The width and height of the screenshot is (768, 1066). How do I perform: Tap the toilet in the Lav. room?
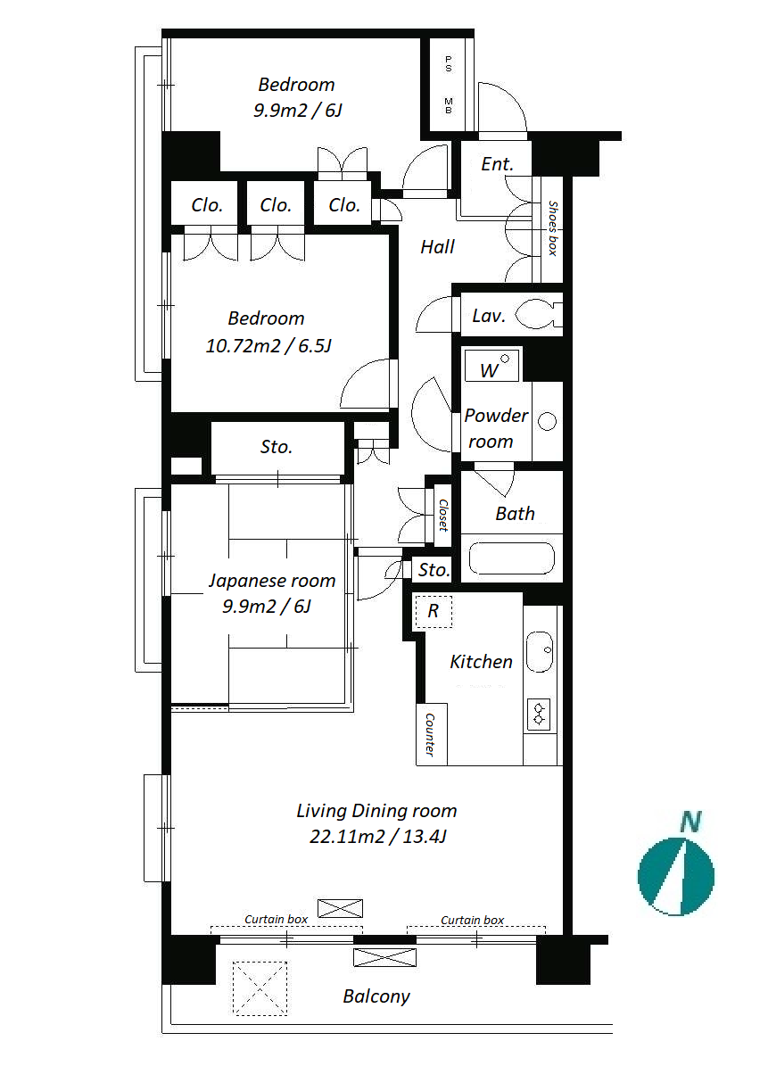pos(539,315)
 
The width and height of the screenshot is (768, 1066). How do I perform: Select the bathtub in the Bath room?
pos(512,558)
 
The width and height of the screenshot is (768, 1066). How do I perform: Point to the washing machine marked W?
pos(492,366)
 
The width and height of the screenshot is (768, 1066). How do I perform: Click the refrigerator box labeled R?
pos(433,611)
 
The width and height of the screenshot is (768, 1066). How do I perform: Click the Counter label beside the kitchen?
pos(430,734)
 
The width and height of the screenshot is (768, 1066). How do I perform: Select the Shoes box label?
pos(552,228)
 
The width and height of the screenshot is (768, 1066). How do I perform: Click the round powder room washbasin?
pos(547,422)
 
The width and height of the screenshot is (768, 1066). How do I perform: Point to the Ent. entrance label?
pos(497,164)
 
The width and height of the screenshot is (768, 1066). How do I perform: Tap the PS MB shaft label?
pos(449,85)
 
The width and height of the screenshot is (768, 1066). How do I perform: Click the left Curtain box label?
pos(276,919)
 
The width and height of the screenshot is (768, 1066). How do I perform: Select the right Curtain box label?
pos(473,920)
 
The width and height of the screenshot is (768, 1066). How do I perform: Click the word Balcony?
pos(376,996)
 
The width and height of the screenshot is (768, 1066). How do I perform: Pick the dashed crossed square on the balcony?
pos(260,988)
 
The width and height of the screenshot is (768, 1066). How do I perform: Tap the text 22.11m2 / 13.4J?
pos(378,836)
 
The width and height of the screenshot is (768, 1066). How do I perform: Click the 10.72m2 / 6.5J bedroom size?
pos(268,346)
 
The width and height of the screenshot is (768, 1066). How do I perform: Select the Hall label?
pos(438,247)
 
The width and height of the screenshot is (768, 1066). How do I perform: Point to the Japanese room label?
pos(272,581)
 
